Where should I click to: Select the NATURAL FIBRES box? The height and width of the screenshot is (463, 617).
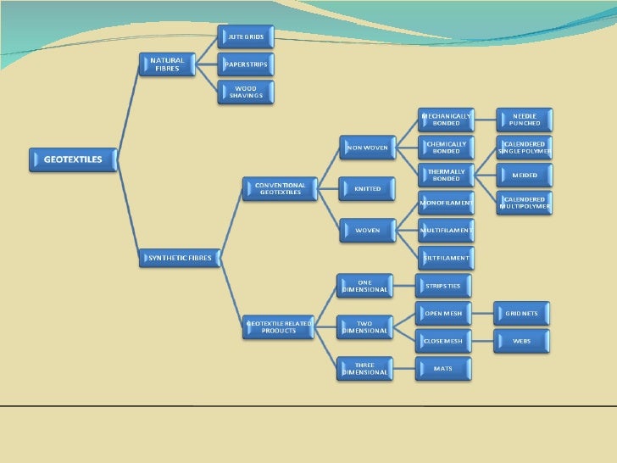coord(168,64)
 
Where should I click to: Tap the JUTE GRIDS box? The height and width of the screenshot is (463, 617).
coord(246,36)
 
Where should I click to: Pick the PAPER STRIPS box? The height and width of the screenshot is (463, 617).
coord(246,64)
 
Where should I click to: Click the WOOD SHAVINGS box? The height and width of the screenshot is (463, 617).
coord(246,92)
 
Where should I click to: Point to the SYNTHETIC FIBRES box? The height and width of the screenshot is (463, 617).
coord(180,258)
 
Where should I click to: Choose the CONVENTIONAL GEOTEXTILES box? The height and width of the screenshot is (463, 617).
coord(280,188)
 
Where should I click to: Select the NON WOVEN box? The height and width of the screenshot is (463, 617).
coord(367,148)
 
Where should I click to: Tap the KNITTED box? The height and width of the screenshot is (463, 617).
coord(367,188)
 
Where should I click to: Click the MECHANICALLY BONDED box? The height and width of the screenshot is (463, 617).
coord(446,120)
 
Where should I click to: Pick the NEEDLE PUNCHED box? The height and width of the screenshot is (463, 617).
coord(525,120)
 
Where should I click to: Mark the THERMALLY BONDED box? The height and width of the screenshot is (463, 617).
coord(446,175)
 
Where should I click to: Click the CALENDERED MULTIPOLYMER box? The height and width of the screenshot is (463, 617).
coord(525,203)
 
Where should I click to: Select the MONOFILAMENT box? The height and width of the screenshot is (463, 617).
coord(446,203)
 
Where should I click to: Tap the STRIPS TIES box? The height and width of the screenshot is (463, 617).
coord(443,285)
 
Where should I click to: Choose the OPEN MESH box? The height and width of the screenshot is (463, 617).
coord(443,313)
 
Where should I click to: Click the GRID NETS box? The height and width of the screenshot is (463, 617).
coord(522,313)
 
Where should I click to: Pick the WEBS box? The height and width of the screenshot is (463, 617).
coord(522,341)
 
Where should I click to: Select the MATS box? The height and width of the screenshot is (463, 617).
coord(443,368)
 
